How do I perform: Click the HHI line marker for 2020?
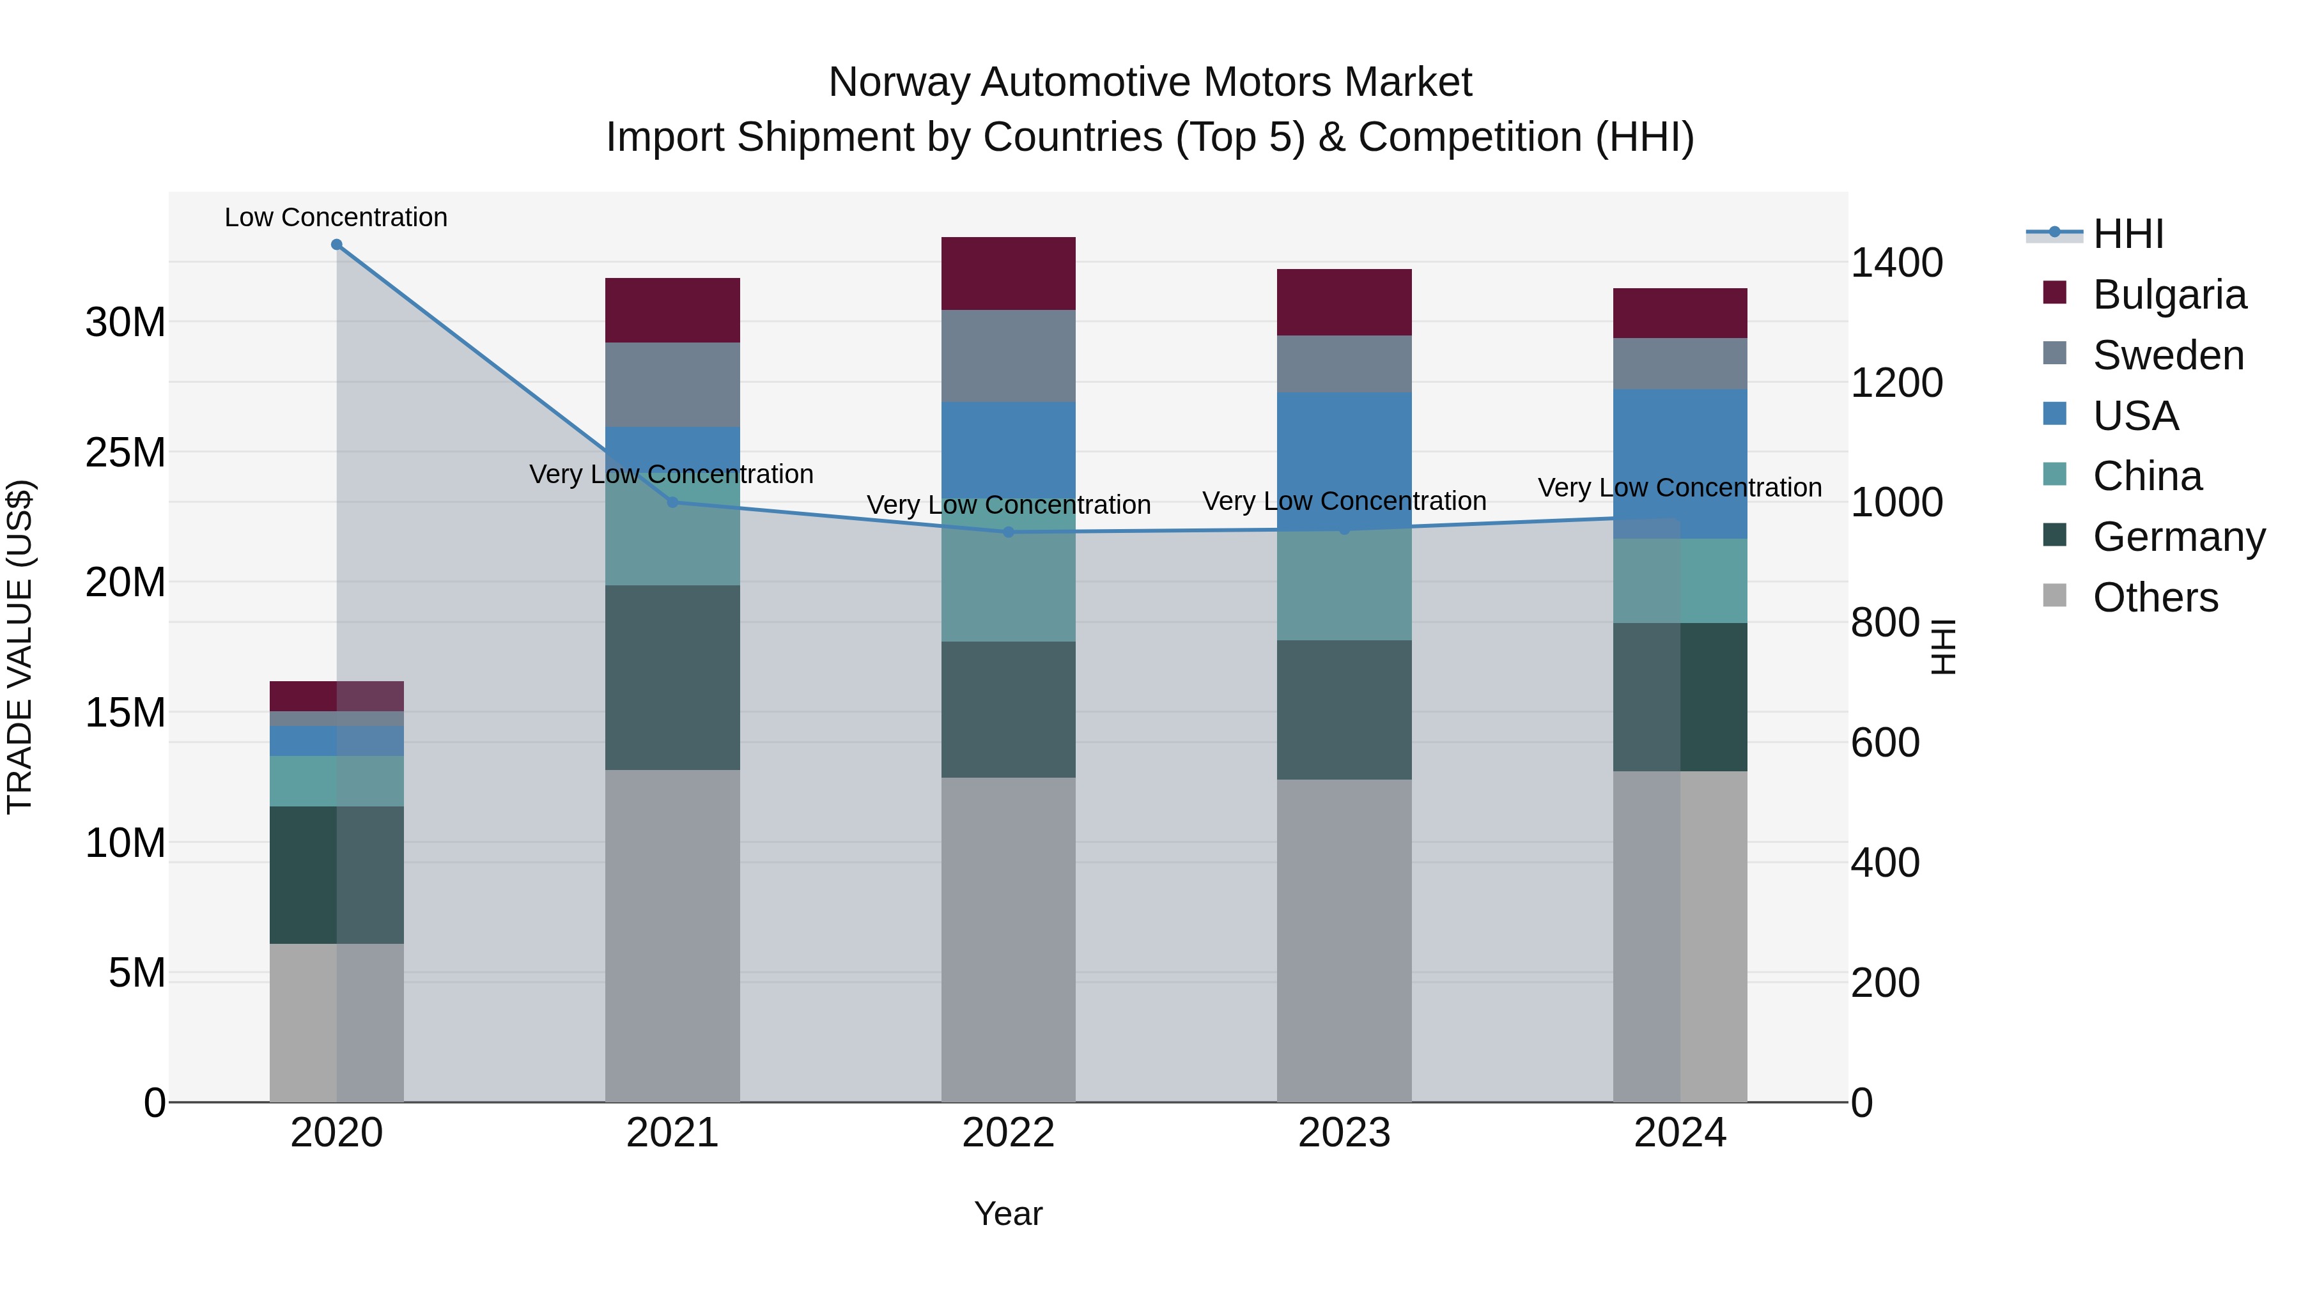click(x=337, y=245)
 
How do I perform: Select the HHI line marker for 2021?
click(x=672, y=502)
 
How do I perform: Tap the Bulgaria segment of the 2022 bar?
click(x=1009, y=273)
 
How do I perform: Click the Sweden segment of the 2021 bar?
click(x=672, y=385)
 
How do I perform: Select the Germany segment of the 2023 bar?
click(x=1344, y=710)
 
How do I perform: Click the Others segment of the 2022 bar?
click(x=1009, y=939)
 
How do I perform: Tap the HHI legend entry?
click(x=2128, y=234)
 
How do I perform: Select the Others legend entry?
click(x=2155, y=597)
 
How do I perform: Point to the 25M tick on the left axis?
click(x=125, y=453)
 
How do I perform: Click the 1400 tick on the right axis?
click(x=1896, y=263)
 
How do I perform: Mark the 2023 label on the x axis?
click(x=1344, y=1133)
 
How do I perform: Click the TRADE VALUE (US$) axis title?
click(x=20, y=647)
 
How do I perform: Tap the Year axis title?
click(x=1009, y=1213)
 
